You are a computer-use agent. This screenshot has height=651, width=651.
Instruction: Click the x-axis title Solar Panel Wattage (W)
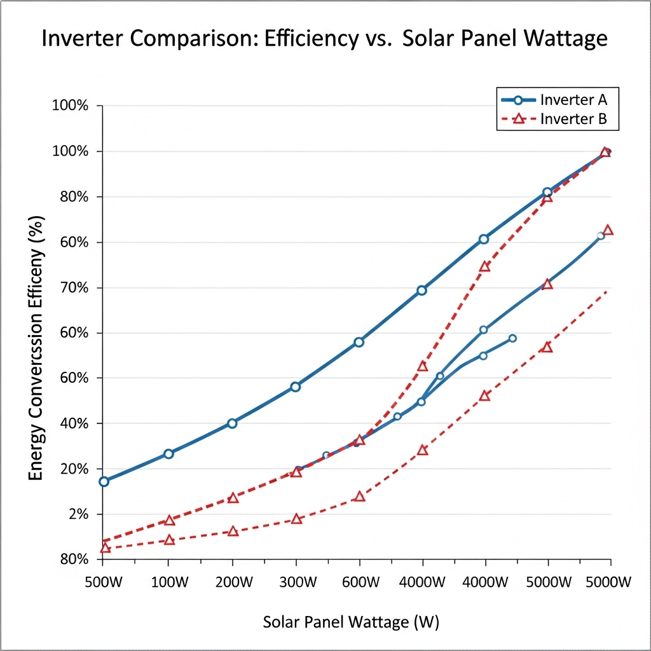tap(351, 621)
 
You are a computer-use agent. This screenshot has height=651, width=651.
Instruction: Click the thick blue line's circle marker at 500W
tap(104, 481)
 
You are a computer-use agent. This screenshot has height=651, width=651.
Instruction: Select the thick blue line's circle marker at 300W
tap(295, 387)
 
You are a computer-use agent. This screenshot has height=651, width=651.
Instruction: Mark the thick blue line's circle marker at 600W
tap(359, 342)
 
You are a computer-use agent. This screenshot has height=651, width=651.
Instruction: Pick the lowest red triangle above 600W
tap(360, 496)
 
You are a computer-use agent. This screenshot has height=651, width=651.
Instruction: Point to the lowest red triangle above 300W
tap(296, 519)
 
